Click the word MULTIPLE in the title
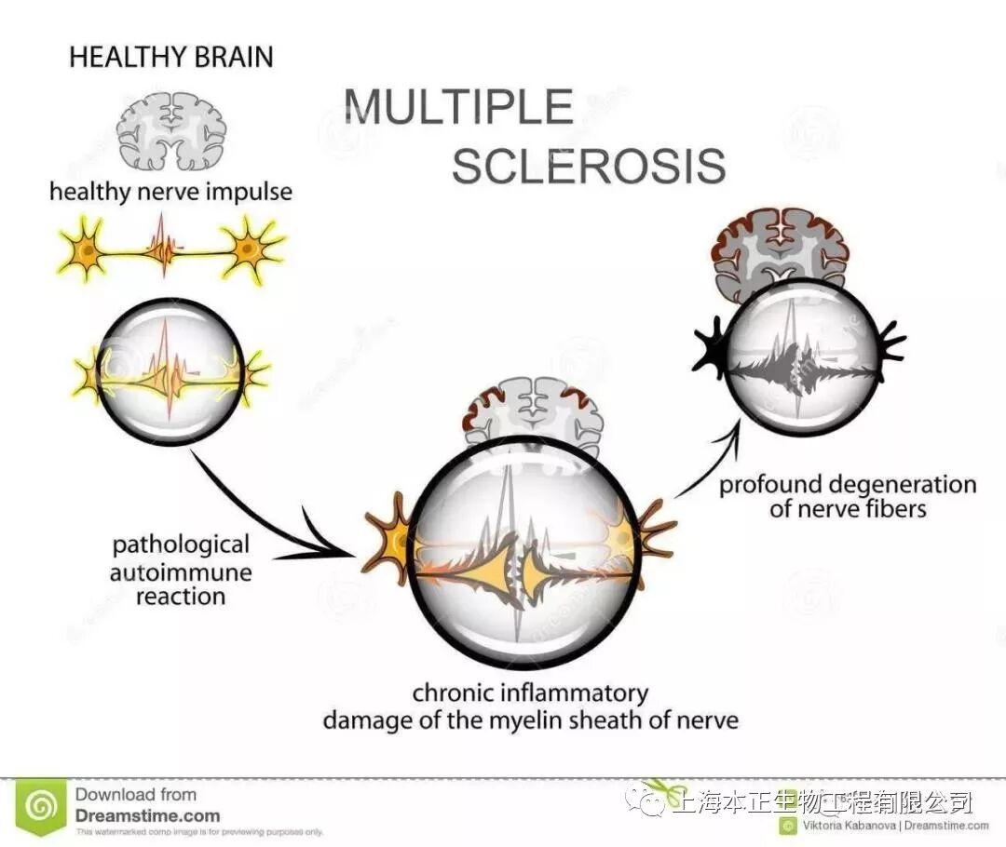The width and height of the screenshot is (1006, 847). pyautogui.click(x=458, y=107)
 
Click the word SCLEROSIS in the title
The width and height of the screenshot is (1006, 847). pyautogui.click(x=589, y=166)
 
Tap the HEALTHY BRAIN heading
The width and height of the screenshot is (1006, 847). pyautogui.click(x=171, y=57)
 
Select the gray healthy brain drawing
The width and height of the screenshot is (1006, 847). pyautogui.click(x=171, y=129)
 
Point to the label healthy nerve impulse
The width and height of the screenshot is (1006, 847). pyautogui.click(x=170, y=193)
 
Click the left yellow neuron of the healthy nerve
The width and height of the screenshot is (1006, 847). pyautogui.click(x=85, y=249)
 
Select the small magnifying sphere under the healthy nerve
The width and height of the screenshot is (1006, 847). pyautogui.click(x=170, y=370)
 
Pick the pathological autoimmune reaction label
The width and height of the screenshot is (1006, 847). pyautogui.click(x=181, y=571)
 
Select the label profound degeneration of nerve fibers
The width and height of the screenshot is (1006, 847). pyautogui.click(x=848, y=497)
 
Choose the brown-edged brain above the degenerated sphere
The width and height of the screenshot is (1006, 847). pyautogui.click(x=781, y=244)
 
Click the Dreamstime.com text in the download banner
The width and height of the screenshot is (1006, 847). pyautogui.click(x=147, y=815)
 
